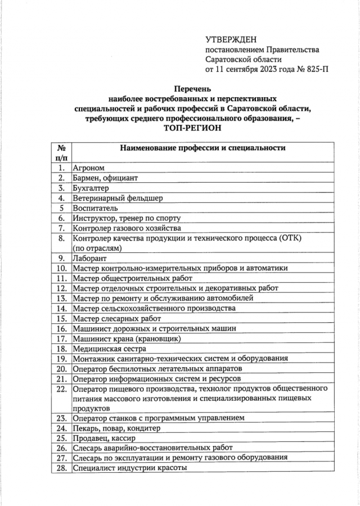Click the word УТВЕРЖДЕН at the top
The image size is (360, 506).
(231, 39)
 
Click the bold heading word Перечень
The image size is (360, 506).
(193, 88)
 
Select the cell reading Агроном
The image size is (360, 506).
(89, 168)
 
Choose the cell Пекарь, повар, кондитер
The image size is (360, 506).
(116, 428)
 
